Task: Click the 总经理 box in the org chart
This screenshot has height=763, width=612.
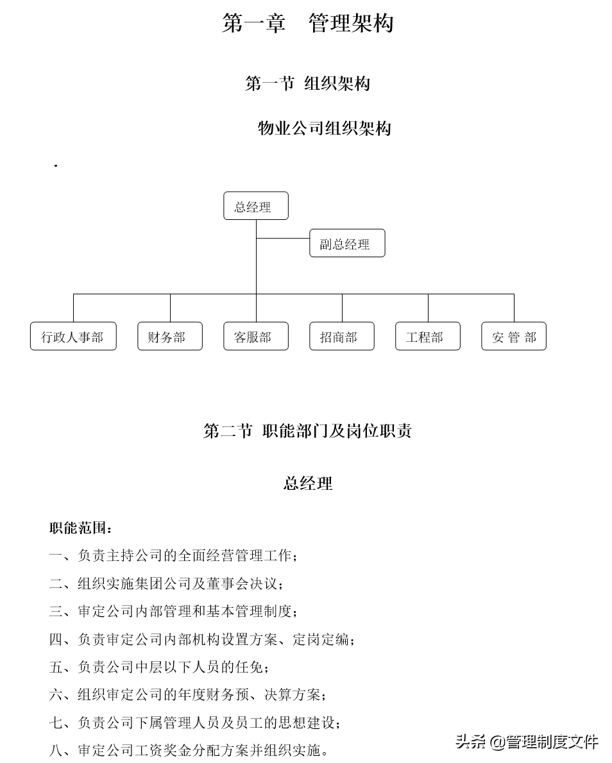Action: [x=256, y=206]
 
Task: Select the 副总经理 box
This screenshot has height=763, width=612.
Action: [x=347, y=244]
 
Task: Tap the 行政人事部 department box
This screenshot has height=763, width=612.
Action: [x=73, y=337]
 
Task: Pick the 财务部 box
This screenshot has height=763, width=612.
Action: [x=170, y=337]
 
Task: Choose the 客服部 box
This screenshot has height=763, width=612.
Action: [x=256, y=337]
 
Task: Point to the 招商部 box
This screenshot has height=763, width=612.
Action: [x=342, y=337]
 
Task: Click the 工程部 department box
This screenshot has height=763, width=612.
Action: [x=428, y=337]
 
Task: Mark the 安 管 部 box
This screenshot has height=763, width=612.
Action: [x=514, y=337]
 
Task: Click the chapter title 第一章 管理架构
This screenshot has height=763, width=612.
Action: [x=307, y=24]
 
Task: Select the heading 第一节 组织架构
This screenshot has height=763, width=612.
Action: [x=307, y=83]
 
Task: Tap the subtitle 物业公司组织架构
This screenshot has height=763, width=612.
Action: [x=324, y=128]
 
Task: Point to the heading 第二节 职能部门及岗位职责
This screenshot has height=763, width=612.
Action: [x=307, y=431]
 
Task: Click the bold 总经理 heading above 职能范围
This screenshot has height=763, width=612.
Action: [x=308, y=483]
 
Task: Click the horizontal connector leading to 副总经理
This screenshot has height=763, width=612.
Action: [x=283, y=239]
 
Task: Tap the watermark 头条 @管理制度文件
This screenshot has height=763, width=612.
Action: [x=527, y=742]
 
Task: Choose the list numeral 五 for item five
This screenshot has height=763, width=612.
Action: [x=56, y=667]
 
